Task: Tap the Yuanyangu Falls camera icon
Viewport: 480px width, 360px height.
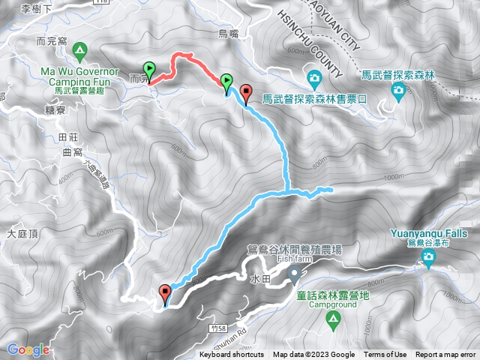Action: (428, 259)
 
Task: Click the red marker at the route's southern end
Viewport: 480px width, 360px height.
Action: (165, 293)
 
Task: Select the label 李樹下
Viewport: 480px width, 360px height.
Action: (36, 9)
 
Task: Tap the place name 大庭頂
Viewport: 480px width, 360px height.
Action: (22, 235)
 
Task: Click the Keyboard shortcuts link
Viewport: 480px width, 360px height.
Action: (232, 355)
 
